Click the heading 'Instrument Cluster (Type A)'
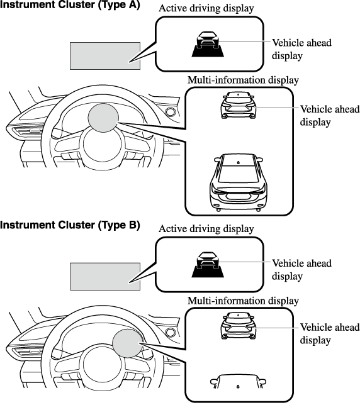pyautogui.click(x=70, y=4)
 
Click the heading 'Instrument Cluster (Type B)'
pyautogui.click(x=70, y=225)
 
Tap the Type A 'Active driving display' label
pyautogui.click(x=206, y=8)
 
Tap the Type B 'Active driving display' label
pyautogui.click(x=206, y=229)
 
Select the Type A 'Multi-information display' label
pyautogui.click(x=243, y=80)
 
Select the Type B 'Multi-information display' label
pyautogui.click(x=243, y=301)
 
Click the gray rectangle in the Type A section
pyautogui.click(x=105, y=56)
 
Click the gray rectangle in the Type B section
pyautogui.click(x=105, y=277)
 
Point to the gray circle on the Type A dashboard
pyautogui.click(x=103, y=118)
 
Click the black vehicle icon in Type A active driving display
pyautogui.click(x=208, y=44)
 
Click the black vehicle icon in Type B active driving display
pyautogui.click(x=208, y=265)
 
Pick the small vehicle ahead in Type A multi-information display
pyautogui.click(x=239, y=105)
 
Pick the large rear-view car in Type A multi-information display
pyautogui.click(x=239, y=182)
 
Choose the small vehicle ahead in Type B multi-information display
pyautogui.click(x=239, y=326)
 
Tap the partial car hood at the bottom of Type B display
pyautogui.click(x=238, y=382)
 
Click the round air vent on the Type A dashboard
pyautogui.click(x=171, y=112)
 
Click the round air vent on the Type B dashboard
pyautogui.click(x=171, y=333)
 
